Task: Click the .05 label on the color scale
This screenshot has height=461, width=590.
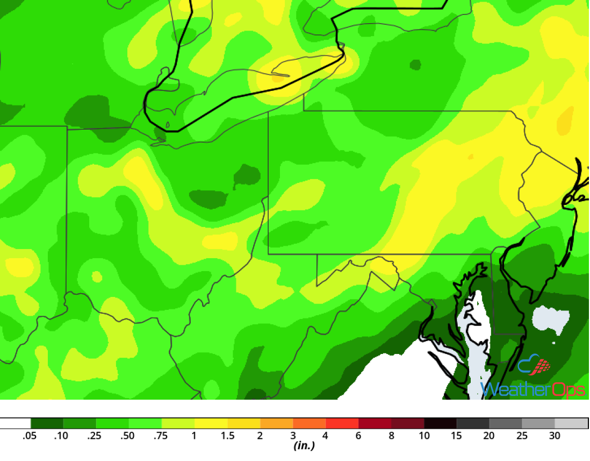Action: (x=29, y=436)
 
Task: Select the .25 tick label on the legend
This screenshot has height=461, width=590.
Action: (x=95, y=436)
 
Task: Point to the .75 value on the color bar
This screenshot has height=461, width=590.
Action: (x=161, y=436)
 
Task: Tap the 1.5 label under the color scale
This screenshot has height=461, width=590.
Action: (x=227, y=436)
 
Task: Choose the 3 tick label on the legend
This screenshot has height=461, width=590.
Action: (x=293, y=436)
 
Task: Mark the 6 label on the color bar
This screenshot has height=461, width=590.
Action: (x=358, y=436)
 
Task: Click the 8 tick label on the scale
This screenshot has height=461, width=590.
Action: (x=391, y=436)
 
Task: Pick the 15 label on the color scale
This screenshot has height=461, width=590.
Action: (x=456, y=436)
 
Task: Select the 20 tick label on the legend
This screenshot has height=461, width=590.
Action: (x=489, y=436)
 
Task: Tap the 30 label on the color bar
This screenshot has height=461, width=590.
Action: (x=555, y=436)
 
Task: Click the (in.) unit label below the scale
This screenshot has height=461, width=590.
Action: (x=304, y=446)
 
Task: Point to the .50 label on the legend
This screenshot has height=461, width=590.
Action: (x=127, y=436)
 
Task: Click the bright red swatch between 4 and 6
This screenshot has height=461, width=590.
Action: (x=342, y=423)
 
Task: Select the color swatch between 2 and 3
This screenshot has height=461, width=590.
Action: (x=277, y=423)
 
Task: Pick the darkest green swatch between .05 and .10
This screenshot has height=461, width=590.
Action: (x=47, y=423)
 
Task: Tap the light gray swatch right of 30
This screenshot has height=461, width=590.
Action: (x=571, y=423)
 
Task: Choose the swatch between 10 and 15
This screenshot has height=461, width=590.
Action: (x=441, y=423)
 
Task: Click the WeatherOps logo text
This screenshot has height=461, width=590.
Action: (x=533, y=389)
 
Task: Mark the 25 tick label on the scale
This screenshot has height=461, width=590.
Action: (x=522, y=436)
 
